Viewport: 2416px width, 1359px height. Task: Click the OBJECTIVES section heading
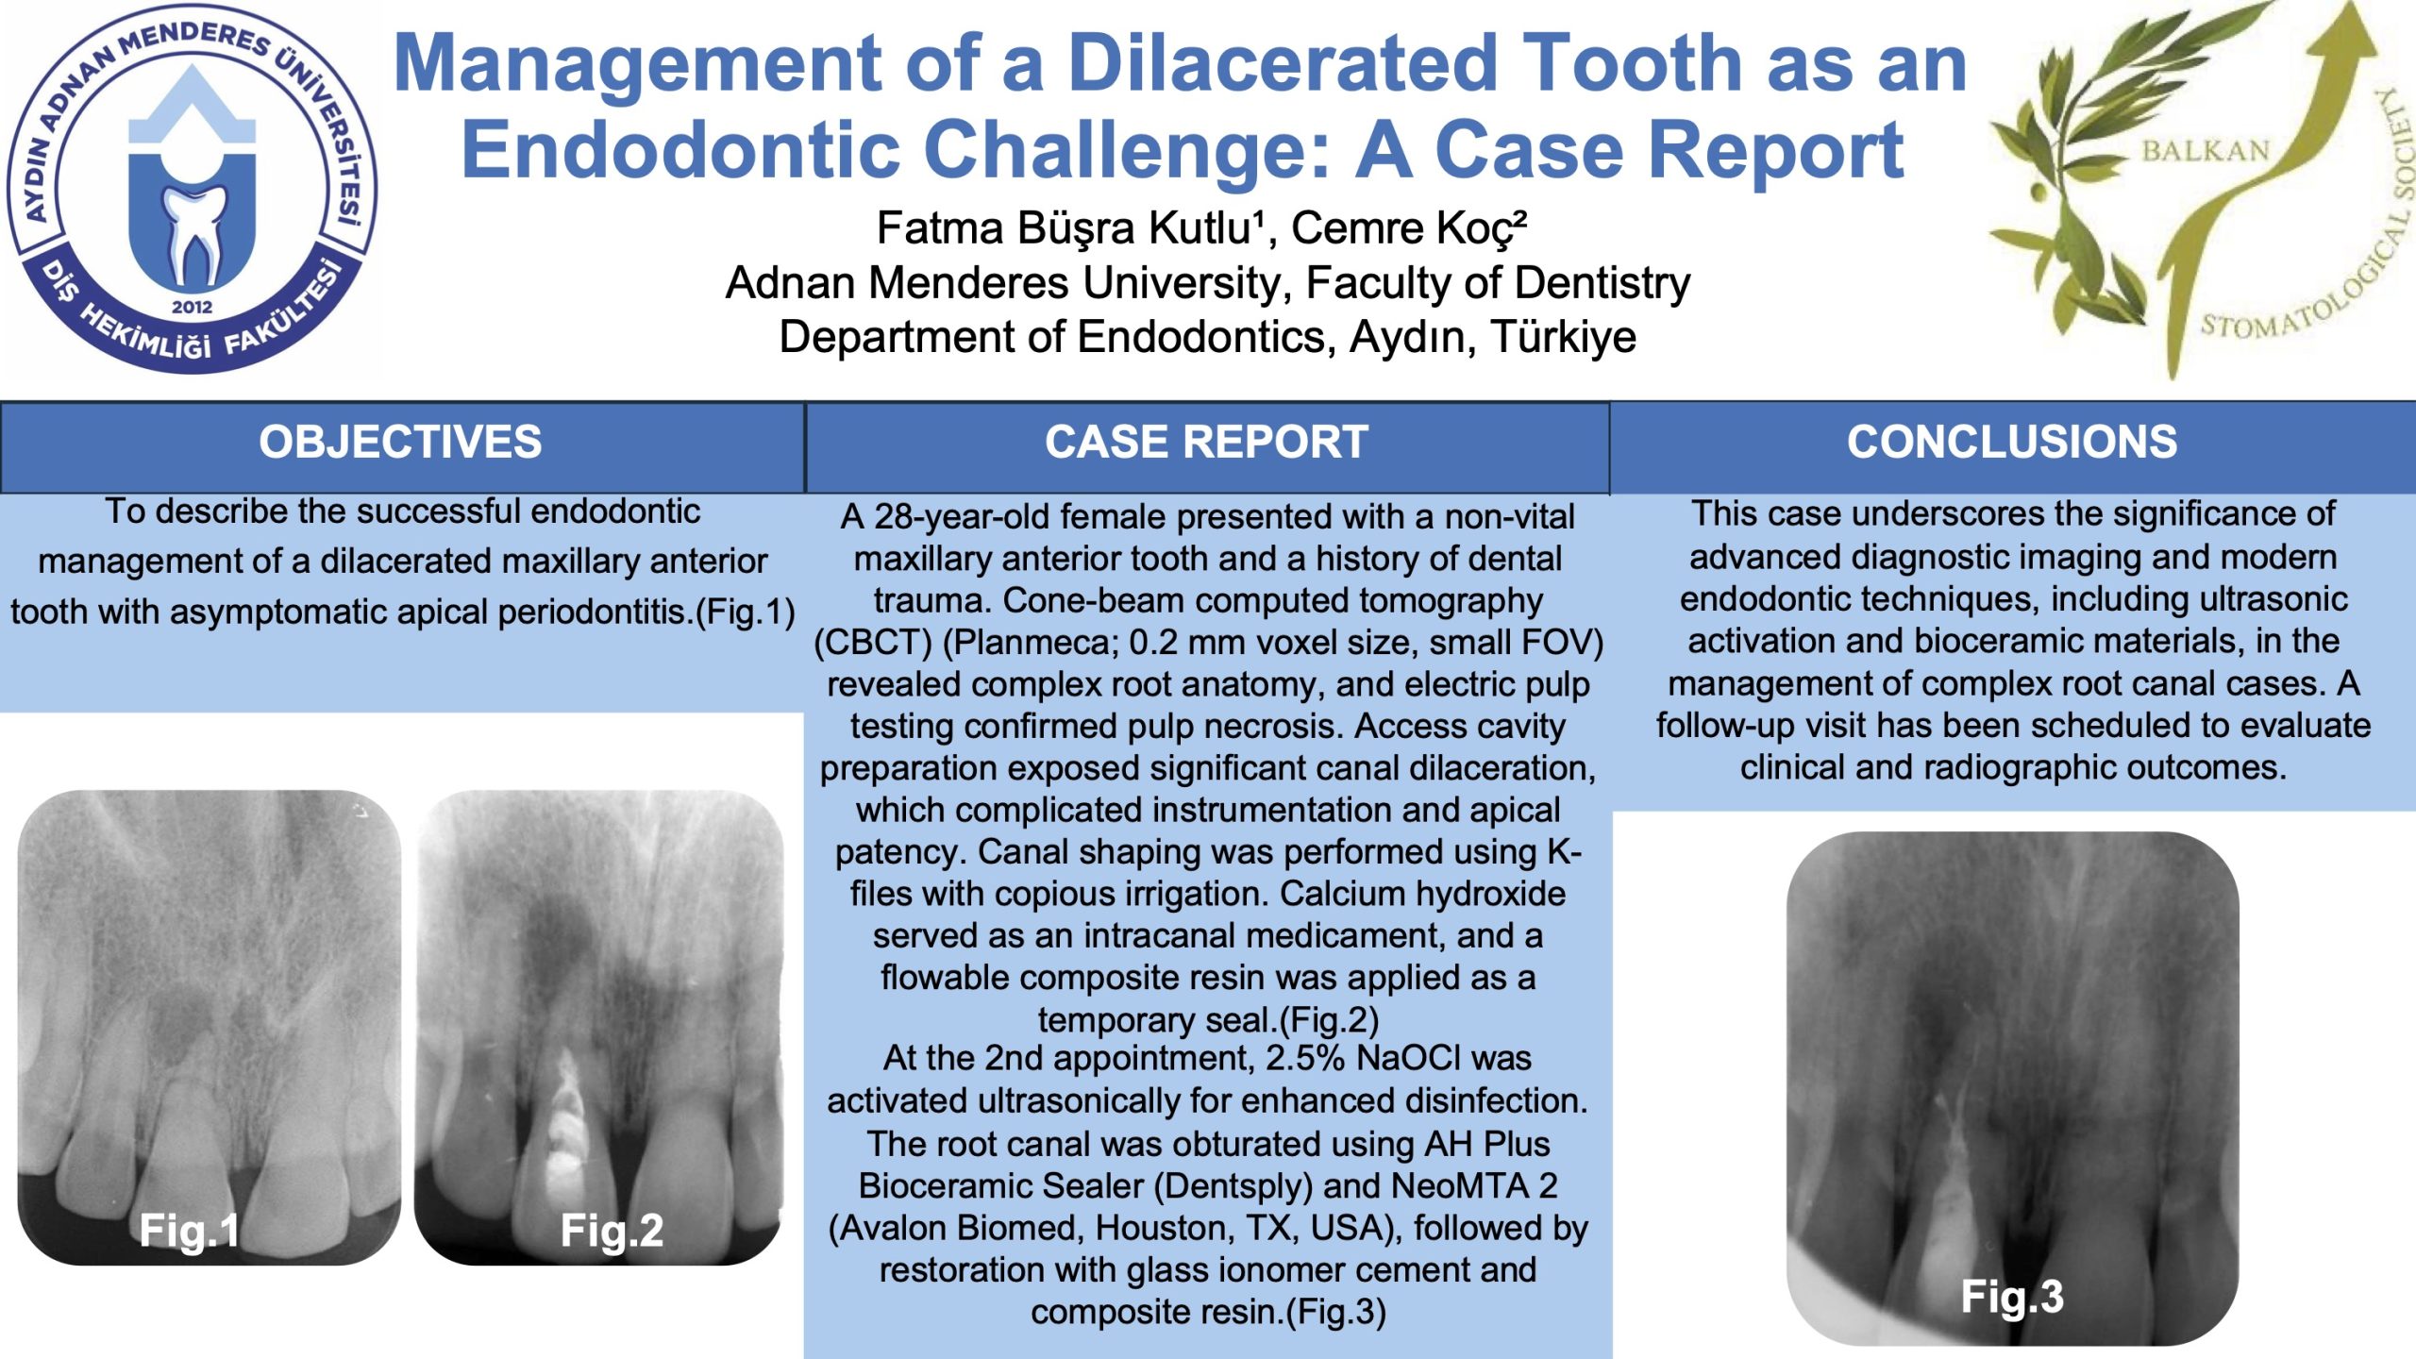point(400,442)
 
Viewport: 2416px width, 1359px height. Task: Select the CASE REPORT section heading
point(1206,442)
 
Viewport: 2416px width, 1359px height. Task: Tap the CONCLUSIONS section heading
point(2012,442)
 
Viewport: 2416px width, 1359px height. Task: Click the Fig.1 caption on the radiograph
point(189,1231)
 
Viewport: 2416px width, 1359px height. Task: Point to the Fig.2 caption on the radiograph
point(612,1231)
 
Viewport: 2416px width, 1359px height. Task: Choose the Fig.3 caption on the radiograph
point(2012,1297)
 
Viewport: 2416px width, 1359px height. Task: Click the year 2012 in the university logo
point(193,307)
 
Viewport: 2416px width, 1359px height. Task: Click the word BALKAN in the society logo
point(2206,151)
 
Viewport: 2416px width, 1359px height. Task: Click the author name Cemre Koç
point(1408,228)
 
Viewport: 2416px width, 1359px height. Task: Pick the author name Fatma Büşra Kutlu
point(1070,228)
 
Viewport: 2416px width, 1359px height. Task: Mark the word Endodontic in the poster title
point(680,150)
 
